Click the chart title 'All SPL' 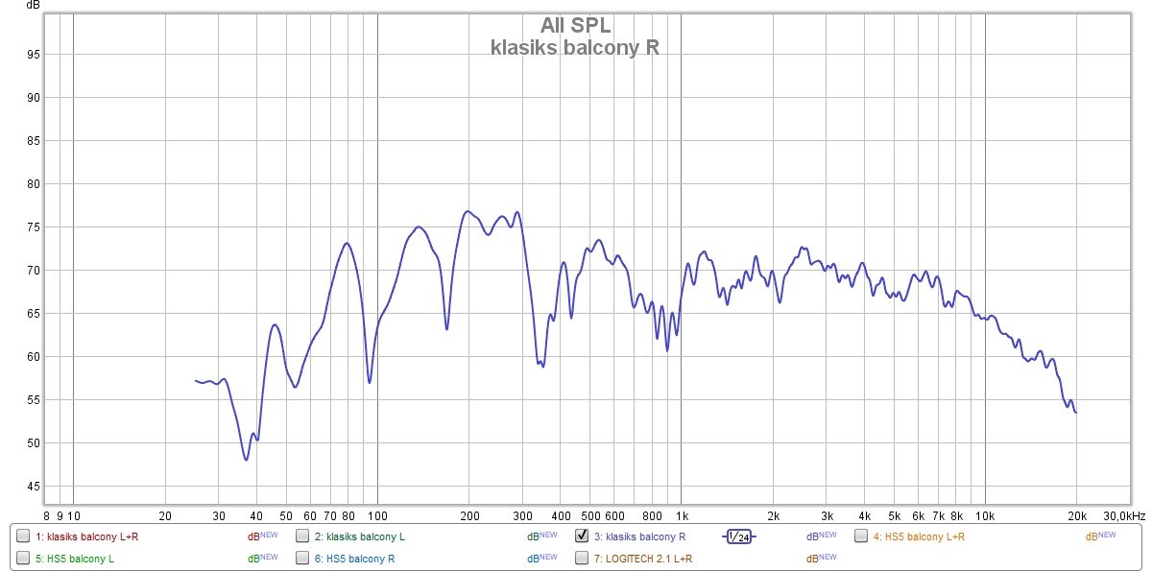pos(575,26)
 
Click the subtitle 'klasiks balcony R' pos(575,47)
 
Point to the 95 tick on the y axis pos(33,55)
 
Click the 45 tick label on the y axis pos(33,487)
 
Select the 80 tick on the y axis pos(33,184)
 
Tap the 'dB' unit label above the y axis pos(34,6)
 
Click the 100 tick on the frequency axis pos(377,515)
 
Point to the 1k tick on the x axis pos(682,515)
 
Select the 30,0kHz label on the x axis pos(1123,515)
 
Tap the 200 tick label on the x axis pos(468,515)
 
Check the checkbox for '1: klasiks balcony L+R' pos(23,536)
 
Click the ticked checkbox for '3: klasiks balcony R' pos(582,536)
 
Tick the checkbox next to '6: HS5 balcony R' pos(302,558)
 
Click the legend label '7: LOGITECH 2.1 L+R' pos(643,559)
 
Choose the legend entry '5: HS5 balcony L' pos(73,559)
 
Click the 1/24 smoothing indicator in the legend pos(738,536)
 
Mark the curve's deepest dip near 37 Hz pos(246,460)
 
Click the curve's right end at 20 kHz pos(1076,413)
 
